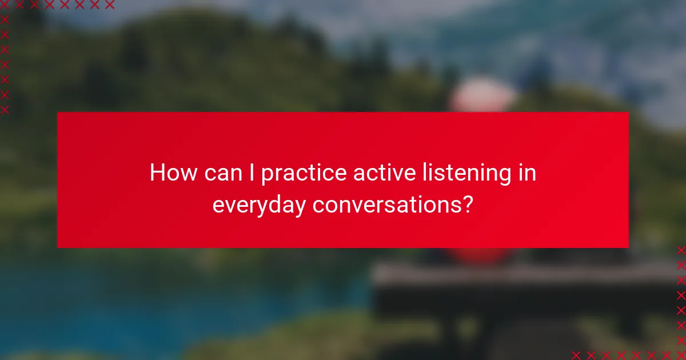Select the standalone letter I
coord(252,173)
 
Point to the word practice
coord(304,174)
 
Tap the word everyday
coord(259,205)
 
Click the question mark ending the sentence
coord(468,205)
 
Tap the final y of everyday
coord(300,208)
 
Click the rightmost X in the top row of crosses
coord(109,5)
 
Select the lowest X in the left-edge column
coord(5,109)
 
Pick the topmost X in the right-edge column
coord(680,250)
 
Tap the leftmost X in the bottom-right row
coord(576,354)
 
